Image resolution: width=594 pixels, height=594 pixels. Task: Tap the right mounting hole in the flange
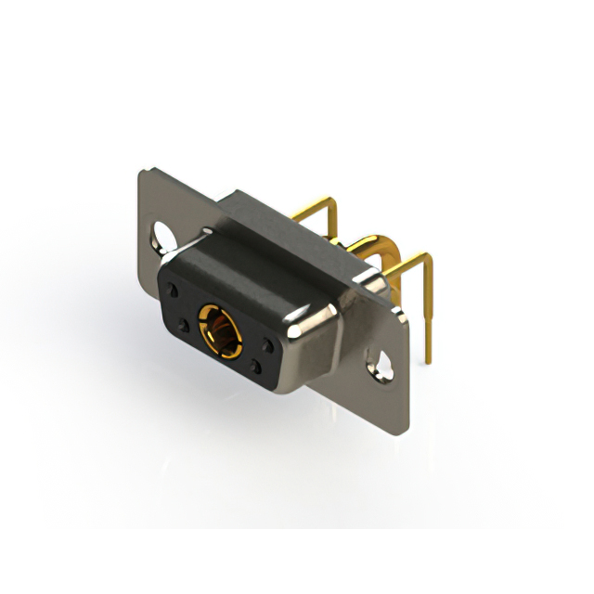coord(381,363)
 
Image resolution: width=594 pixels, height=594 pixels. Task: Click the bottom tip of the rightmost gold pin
coord(432,358)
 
